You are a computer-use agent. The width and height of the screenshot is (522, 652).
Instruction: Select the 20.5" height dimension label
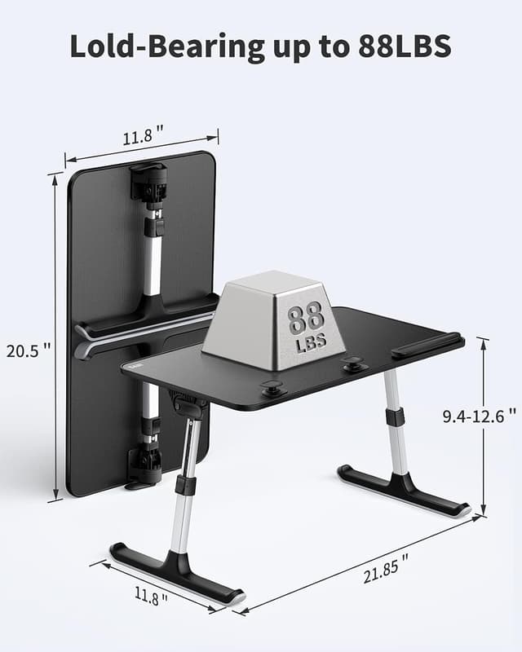28,351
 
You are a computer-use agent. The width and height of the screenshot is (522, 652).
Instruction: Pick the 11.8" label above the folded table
144,137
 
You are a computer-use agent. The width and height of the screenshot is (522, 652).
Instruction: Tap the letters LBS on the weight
311,343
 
